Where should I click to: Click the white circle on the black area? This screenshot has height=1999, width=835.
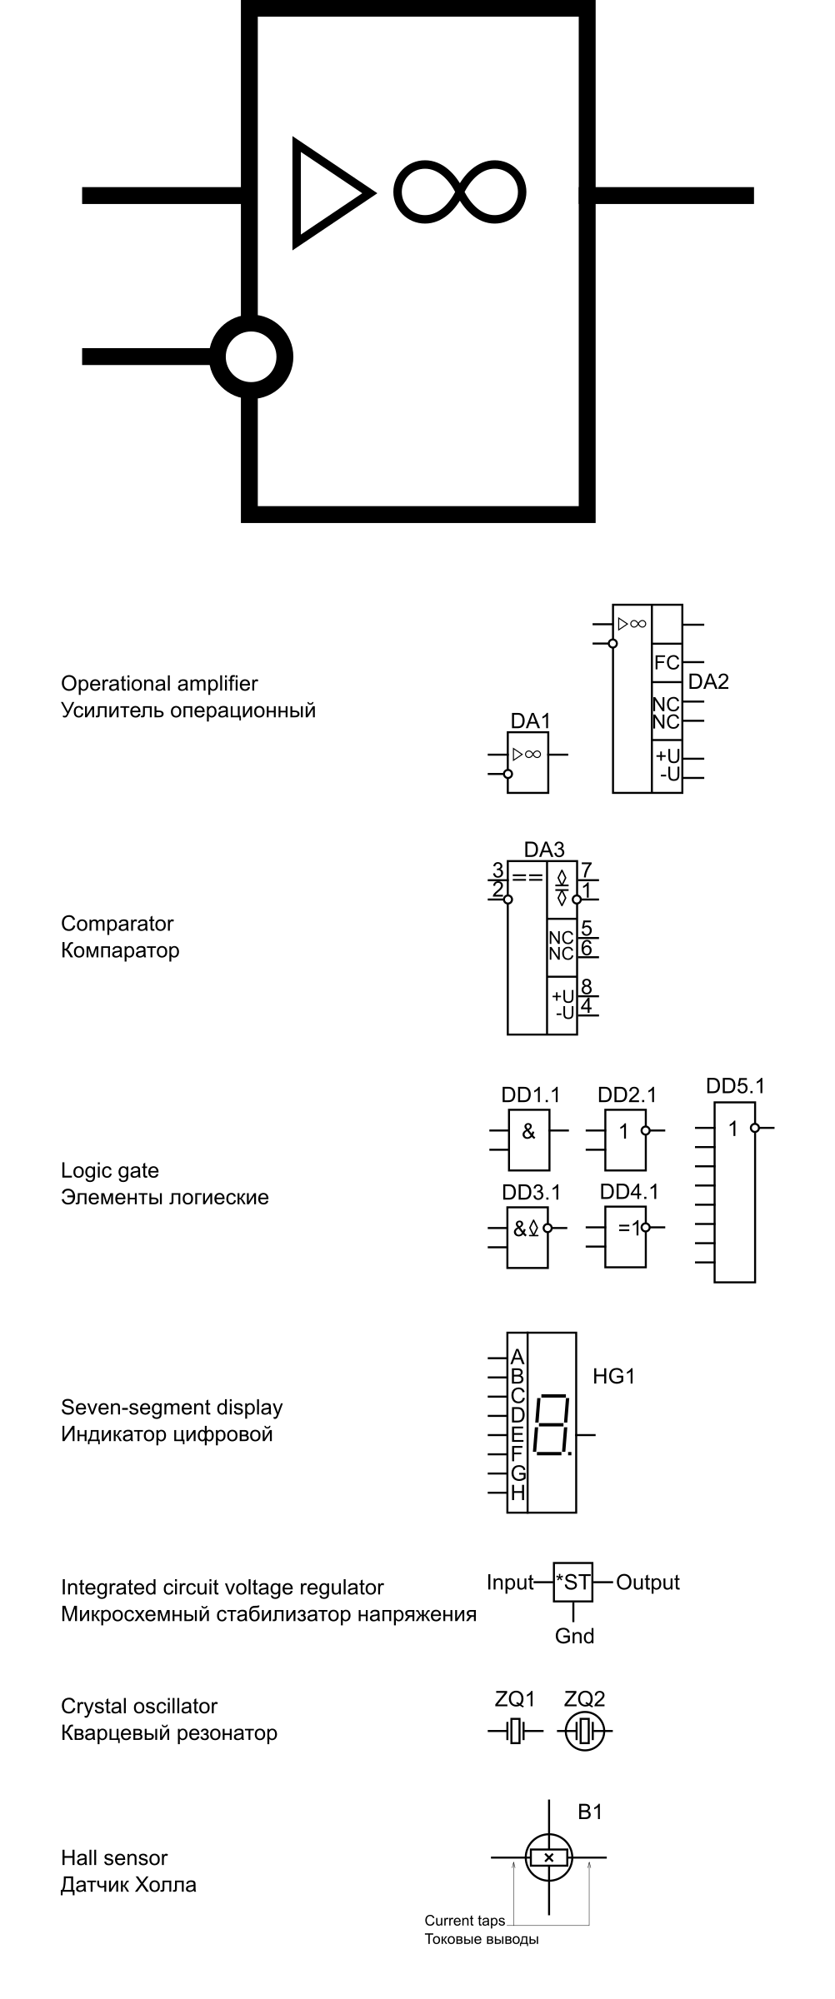[x=251, y=356]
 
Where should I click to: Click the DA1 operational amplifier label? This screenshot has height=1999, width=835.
[x=530, y=720]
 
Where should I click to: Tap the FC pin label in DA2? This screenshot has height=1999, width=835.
[x=667, y=663]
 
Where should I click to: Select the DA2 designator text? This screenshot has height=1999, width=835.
[x=708, y=681]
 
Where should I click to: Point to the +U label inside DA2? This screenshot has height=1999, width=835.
[x=667, y=756]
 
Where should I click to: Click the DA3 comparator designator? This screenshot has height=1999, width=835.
[x=544, y=850]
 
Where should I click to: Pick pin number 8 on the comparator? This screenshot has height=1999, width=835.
[x=587, y=986]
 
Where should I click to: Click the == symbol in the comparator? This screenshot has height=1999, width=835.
[x=527, y=876]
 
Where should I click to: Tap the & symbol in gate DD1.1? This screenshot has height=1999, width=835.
[x=528, y=1132]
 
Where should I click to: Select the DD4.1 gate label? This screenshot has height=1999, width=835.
[x=629, y=1192]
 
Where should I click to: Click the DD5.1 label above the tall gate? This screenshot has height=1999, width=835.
[x=735, y=1086]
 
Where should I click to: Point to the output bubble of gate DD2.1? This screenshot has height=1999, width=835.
[x=645, y=1131]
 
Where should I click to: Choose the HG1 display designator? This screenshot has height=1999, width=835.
[x=614, y=1377]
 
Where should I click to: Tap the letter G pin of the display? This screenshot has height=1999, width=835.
[x=517, y=1473]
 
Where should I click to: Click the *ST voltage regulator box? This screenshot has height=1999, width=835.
[x=573, y=1583]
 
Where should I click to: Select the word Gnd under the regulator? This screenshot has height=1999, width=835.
[x=574, y=1636]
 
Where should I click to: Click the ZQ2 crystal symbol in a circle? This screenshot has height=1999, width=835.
[x=583, y=1733]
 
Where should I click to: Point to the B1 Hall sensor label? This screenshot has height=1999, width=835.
[x=590, y=1812]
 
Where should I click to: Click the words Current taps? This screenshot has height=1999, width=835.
[x=464, y=1921]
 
